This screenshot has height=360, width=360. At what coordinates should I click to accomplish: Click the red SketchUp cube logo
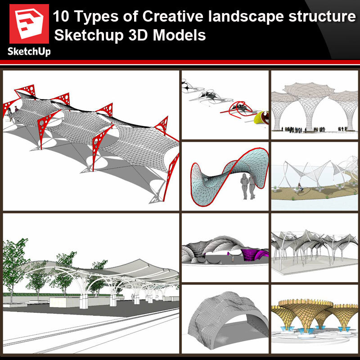coord(29,24)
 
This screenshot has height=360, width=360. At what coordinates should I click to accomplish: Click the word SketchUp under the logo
coord(29,52)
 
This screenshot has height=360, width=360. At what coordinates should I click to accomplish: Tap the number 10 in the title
coord(61,17)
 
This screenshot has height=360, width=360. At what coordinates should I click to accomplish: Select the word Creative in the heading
coord(173,17)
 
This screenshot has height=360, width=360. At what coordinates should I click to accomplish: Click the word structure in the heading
coord(322,17)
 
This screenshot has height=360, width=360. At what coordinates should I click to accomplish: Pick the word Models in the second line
coord(179,36)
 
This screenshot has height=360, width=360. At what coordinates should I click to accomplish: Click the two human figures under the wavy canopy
coord(248,186)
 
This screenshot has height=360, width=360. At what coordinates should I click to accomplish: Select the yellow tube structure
coord(261,118)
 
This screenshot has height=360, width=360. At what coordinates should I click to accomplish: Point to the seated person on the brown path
coord(300,187)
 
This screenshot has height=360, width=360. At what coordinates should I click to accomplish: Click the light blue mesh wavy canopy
coord(229,177)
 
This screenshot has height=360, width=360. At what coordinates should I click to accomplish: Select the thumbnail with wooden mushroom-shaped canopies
coord(314,319)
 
